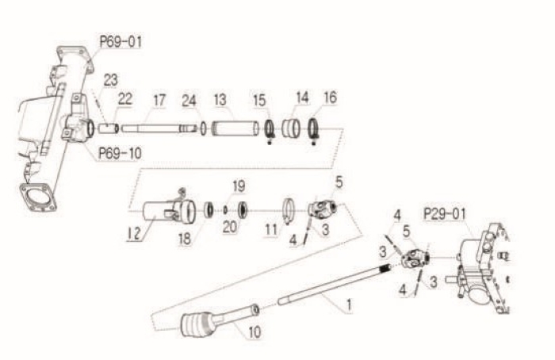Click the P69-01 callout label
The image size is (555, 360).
pyautogui.click(x=121, y=42)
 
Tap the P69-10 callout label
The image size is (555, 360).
pyautogui.click(x=120, y=154)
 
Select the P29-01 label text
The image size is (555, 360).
pyautogui.click(x=445, y=214)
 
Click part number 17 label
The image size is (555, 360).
pyautogui.click(x=159, y=100)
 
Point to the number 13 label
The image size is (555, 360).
pyautogui.click(x=220, y=100)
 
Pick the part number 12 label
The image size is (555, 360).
pyautogui.click(x=135, y=233)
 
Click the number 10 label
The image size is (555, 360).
pyautogui.click(x=255, y=332)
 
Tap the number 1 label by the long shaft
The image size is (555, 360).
pyautogui.click(x=349, y=304)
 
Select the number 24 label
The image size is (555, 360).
pyautogui.click(x=189, y=101)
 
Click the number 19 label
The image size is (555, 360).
pyautogui.click(x=239, y=186)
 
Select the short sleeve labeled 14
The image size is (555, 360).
pyautogui.click(x=291, y=128)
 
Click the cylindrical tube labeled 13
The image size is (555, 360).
pyautogui.click(x=235, y=128)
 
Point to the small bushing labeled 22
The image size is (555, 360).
pyautogui.click(x=109, y=128)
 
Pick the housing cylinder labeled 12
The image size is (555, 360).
pyautogui.click(x=169, y=212)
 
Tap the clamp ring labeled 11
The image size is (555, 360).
pyautogui.click(x=289, y=210)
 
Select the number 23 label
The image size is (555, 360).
pyautogui.click(x=110, y=80)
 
